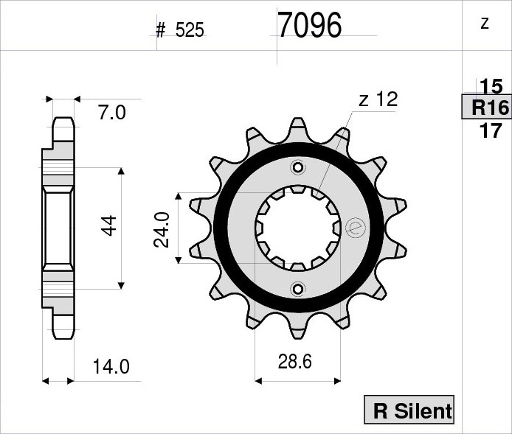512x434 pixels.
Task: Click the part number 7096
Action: [310, 25]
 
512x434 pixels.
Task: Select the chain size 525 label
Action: [190, 30]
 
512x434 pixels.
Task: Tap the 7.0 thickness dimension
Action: [112, 113]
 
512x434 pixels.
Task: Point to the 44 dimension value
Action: [109, 225]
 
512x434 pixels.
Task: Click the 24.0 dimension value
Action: [162, 230]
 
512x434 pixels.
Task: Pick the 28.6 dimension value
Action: [295, 361]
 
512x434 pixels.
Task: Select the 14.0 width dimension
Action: [111, 366]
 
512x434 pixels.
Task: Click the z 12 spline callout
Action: [378, 99]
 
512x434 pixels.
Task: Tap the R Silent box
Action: [409, 410]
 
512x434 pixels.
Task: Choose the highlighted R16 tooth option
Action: [486, 107]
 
